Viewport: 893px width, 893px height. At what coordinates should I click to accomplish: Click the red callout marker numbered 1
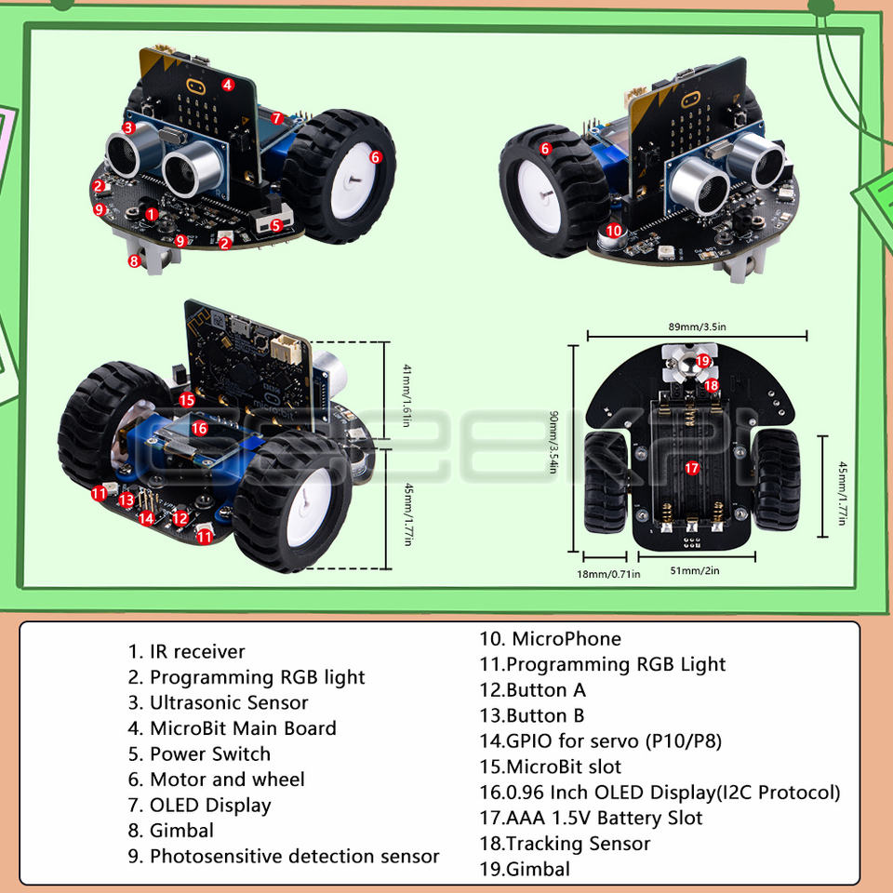tap(152, 215)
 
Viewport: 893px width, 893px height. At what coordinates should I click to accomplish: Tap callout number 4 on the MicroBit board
tap(227, 85)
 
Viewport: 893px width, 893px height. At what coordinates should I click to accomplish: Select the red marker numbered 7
tap(276, 118)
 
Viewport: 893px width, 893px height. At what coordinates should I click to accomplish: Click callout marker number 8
tap(134, 261)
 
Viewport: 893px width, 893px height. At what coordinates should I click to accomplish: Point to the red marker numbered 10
tap(613, 231)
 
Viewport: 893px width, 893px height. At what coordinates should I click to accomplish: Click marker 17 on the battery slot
tap(691, 468)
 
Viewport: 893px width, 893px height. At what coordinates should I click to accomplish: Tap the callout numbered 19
tap(703, 360)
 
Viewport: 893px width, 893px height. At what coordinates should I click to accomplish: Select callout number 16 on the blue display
tap(199, 428)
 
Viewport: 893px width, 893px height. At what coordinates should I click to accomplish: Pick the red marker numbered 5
tap(276, 225)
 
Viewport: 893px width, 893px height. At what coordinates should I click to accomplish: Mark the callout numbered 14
tap(146, 519)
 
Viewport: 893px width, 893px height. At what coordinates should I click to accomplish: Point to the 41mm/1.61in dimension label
tap(405, 394)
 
